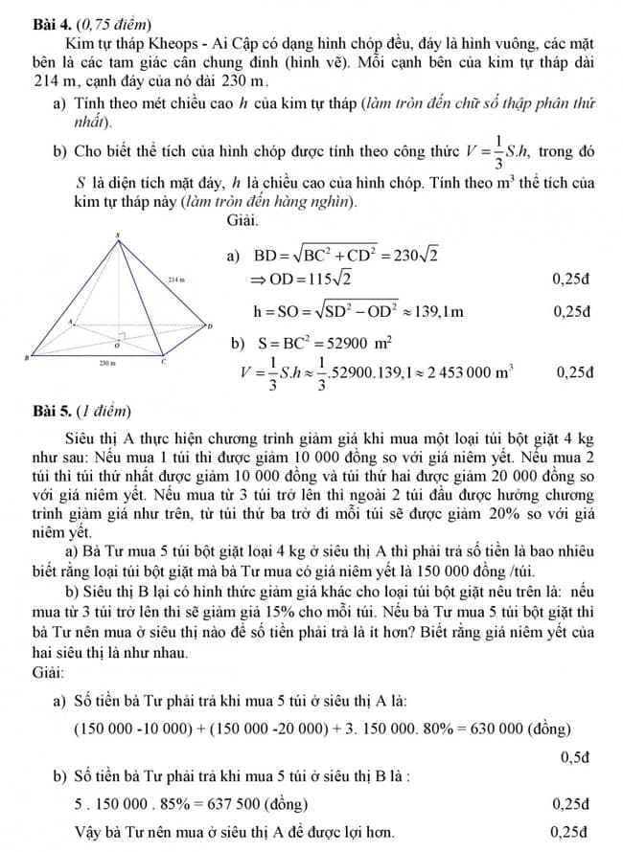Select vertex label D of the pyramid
click(x=209, y=326)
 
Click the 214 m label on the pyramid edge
click(x=175, y=280)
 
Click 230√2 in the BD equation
click(x=415, y=256)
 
